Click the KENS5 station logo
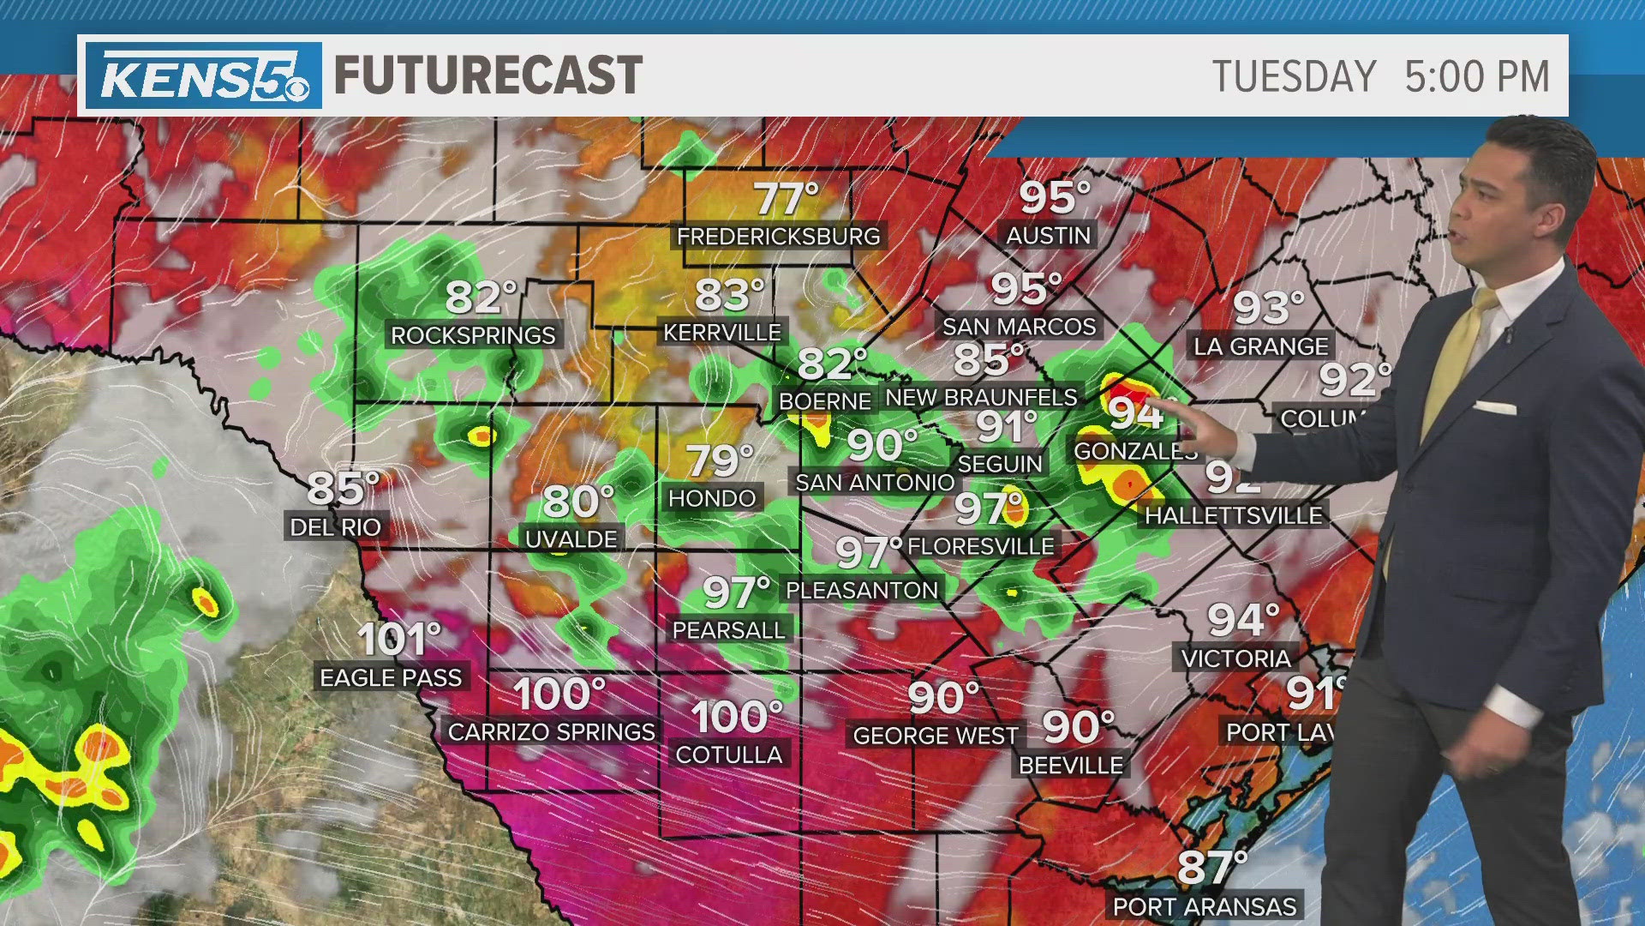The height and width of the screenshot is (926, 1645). pyautogui.click(x=203, y=76)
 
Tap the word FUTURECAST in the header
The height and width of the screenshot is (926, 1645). pyautogui.click(x=488, y=75)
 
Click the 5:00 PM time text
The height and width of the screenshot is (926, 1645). pyautogui.click(x=1477, y=76)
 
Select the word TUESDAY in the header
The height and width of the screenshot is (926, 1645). pyautogui.click(x=1294, y=76)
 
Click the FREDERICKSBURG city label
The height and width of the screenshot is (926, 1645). pyautogui.click(x=778, y=237)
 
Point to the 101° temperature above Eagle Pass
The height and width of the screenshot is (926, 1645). pyautogui.click(x=398, y=640)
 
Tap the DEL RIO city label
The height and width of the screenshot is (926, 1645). pyautogui.click(x=335, y=527)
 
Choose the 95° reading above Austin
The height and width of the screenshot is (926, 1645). pyautogui.click(x=1054, y=198)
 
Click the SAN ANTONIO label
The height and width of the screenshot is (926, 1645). pyautogui.click(x=875, y=483)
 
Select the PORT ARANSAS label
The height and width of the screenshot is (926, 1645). pyautogui.click(x=1204, y=906)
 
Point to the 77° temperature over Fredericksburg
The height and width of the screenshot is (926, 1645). pyautogui.click(x=787, y=200)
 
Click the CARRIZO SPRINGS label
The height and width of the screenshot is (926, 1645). pyautogui.click(x=551, y=732)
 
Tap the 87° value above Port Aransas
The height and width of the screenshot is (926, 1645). pyautogui.click(x=1211, y=867)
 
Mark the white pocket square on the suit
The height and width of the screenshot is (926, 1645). pyautogui.click(x=1495, y=407)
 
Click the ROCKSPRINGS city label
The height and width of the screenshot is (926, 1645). pyautogui.click(x=473, y=335)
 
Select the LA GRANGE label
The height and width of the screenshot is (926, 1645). pyautogui.click(x=1260, y=346)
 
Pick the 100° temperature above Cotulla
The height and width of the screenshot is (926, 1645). pyautogui.click(x=737, y=717)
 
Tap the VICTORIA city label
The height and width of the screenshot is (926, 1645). pyautogui.click(x=1235, y=658)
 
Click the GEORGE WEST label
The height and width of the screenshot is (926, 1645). pyautogui.click(x=935, y=736)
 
